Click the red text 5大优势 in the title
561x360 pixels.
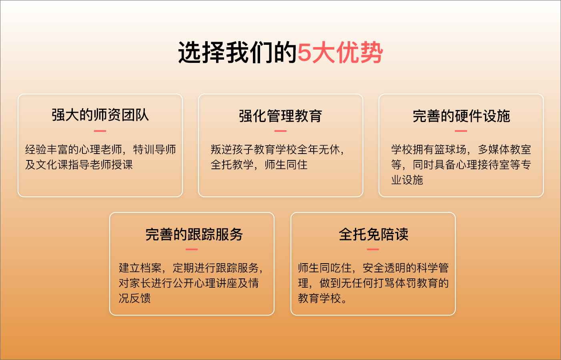tap(340, 52)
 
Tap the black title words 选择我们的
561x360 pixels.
tap(237, 52)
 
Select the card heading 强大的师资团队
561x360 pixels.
tap(100, 115)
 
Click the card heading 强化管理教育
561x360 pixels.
tap(280, 116)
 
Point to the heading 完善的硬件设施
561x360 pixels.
tap(461, 116)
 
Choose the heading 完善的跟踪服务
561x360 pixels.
tap(194, 234)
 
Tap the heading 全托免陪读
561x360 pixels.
tap(373, 234)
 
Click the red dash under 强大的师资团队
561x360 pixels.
tap(100, 131)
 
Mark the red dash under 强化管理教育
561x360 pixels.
tap(280, 131)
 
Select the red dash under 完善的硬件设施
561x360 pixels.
tap(461, 131)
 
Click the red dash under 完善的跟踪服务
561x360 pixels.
tap(192, 249)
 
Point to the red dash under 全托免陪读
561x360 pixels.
tap(373, 249)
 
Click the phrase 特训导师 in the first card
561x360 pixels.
tap(154, 150)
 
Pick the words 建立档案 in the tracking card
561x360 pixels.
tap(140, 268)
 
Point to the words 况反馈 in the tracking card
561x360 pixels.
tap(134, 298)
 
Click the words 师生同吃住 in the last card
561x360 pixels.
tap(325, 268)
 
